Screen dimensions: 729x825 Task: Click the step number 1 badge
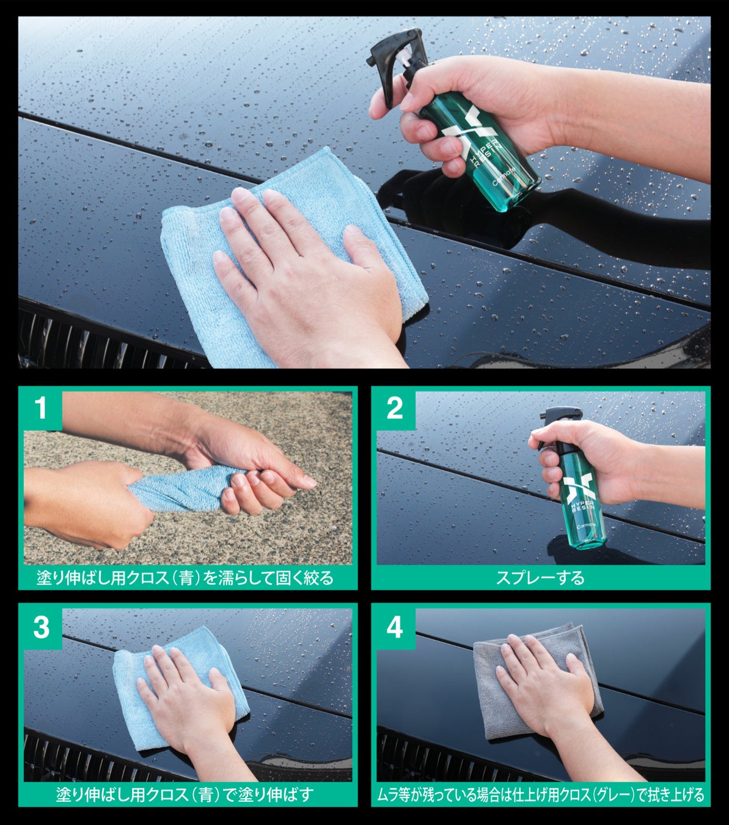(41, 408)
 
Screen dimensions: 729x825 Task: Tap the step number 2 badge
(394, 408)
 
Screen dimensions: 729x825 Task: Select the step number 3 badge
(41, 627)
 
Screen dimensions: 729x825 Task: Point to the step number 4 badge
(394, 627)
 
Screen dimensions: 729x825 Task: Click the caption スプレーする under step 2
(540, 578)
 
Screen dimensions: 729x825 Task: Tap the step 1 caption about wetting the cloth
(185, 578)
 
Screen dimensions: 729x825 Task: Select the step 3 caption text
(185, 794)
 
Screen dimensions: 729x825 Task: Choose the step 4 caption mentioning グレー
(540, 794)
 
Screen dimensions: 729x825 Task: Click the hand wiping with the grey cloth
(558, 692)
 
